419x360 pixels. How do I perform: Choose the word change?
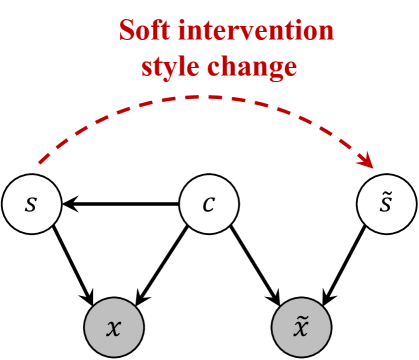(x=261, y=68)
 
